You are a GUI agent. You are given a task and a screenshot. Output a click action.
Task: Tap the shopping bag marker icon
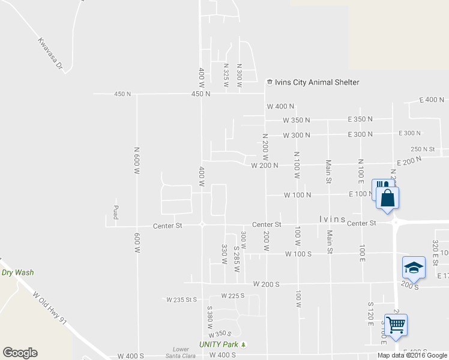point(388,198)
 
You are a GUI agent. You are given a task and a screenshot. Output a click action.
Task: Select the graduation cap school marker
point(414,267)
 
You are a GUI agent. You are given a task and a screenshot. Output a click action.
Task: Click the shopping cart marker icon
point(396,325)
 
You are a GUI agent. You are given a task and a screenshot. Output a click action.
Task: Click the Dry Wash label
point(17,272)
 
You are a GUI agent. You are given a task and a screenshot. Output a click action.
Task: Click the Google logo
point(20,353)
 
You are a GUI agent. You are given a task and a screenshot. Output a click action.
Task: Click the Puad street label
point(115,212)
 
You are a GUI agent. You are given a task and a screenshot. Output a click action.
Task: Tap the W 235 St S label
point(182,299)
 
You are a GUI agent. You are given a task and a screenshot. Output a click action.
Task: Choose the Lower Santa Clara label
point(181,352)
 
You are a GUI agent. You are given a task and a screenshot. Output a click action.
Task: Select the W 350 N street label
point(297,120)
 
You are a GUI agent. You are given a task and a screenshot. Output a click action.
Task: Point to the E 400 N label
point(432,100)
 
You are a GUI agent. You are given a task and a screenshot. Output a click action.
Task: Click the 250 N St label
point(423,149)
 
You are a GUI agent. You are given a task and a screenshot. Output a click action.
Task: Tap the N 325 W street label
point(226,76)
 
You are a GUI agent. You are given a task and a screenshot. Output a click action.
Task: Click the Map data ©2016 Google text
point(412,355)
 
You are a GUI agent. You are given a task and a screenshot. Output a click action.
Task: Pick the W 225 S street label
point(233,295)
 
